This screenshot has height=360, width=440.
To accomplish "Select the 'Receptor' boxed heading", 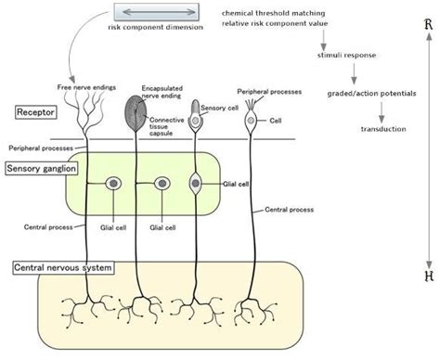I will (37, 112).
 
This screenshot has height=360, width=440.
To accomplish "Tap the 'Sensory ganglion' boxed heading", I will (42, 169).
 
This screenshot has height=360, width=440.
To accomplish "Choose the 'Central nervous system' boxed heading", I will (62, 268).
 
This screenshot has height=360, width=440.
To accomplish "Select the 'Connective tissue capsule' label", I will (168, 127).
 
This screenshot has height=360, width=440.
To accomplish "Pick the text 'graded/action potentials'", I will (371, 93).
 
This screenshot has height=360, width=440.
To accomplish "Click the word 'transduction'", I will (382, 128).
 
